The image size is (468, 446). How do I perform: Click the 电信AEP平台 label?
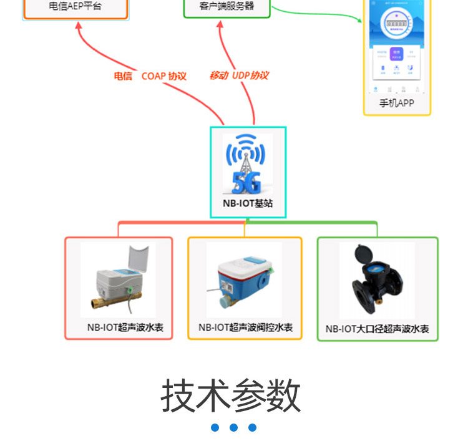[75, 7]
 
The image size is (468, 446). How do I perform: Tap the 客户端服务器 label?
[227, 6]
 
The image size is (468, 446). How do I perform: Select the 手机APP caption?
[396, 103]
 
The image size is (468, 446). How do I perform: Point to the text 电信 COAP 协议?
[150, 76]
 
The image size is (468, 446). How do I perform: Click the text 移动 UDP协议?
[238, 75]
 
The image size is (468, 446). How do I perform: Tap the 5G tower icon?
[248, 163]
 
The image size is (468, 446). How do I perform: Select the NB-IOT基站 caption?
[248, 203]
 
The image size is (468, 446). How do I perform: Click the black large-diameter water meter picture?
[377, 279]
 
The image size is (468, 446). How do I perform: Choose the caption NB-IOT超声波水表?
[125, 327]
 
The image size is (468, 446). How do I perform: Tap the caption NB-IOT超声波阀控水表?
[245, 327]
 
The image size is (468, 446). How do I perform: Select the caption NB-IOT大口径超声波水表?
[378, 329]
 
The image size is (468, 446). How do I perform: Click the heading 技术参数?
[232, 395]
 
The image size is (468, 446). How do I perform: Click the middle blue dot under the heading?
[233, 427]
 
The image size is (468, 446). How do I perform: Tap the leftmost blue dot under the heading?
[215, 427]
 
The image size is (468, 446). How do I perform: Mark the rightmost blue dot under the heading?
[252, 427]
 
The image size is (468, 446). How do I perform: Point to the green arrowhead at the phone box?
[359, 20]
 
